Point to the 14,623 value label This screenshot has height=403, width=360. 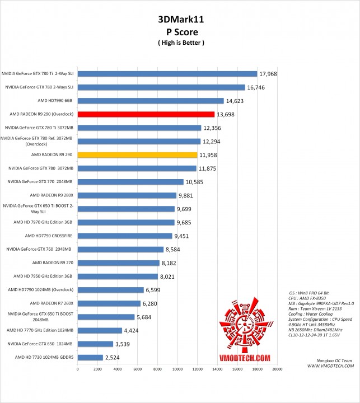tap(236, 101)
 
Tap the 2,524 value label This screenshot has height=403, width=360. tap(115, 357)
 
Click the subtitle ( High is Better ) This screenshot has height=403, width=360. tap(180, 43)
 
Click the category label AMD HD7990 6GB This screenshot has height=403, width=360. tap(55, 101)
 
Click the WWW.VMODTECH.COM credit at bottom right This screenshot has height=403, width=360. tap(330, 365)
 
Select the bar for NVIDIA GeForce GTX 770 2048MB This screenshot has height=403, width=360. tap(131, 181)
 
